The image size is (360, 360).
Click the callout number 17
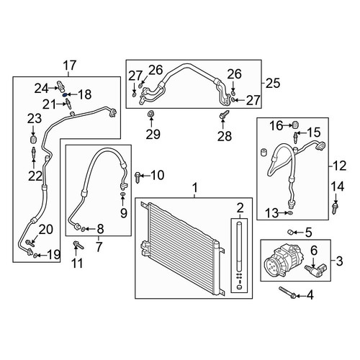click(x=70, y=66)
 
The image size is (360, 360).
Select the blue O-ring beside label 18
click(x=65, y=94)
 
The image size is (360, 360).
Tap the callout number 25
click(x=273, y=83)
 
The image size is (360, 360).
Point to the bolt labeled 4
click(x=287, y=293)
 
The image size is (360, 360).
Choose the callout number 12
click(x=340, y=166)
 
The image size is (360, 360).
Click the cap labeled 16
click(x=296, y=125)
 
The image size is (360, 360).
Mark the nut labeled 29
click(x=150, y=114)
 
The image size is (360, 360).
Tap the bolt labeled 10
click(x=138, y=177)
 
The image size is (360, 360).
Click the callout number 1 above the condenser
click(x=195, y=188)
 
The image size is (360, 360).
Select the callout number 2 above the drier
click(x=240, y=208)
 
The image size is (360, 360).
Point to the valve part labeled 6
click(x=313, y=271)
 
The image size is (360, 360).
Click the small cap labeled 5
click(x=290, y=232)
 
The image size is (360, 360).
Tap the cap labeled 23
click(x=33, y=139)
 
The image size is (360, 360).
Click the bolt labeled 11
click(x=78, y=246)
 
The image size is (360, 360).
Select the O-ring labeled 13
click(x=290, y=212)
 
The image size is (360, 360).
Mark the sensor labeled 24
click(x=61, y=86)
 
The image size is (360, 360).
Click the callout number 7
click(x=99, y=247)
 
